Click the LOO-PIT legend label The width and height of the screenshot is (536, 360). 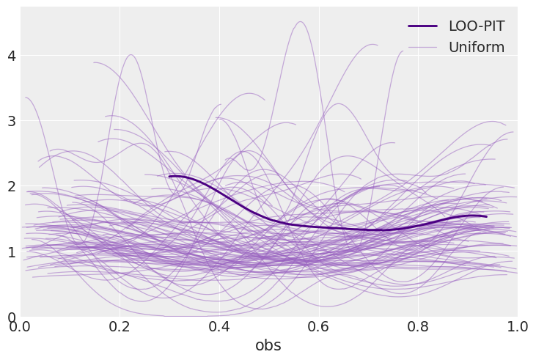pyautogui.click(x=476, y=26)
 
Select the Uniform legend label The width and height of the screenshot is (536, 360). pyautogui.click(x=476, y=48)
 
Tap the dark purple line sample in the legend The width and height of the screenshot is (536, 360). pyautogui.click(x=422, y=26)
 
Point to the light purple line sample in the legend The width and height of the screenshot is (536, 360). pyautogui.click(x=422, y=48)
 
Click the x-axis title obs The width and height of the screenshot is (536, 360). pyautogui.click(x=268, y=346)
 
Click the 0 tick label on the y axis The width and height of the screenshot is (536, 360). pyautogui.click(x=10, y=317)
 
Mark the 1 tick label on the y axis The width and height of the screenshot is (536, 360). pyautogui.click(x=10, y=252)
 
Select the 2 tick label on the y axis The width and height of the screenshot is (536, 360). pyautogui.click(x=10, y=186)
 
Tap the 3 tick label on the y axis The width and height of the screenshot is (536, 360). pyautogui.click(x=10, y=121)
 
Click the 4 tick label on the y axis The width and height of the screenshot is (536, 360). pyautogui.click(x=10, y=56)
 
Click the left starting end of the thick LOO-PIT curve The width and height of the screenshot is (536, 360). pyautogui.click(x=169, y=176)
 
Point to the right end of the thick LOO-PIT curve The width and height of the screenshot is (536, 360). pyautogui.click(x=485, y=216)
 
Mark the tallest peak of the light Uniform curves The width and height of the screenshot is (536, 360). pyautogui.click(x=301, y=22)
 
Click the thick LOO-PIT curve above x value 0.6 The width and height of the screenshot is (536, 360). pyautogui.click(x=318, y=227)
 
